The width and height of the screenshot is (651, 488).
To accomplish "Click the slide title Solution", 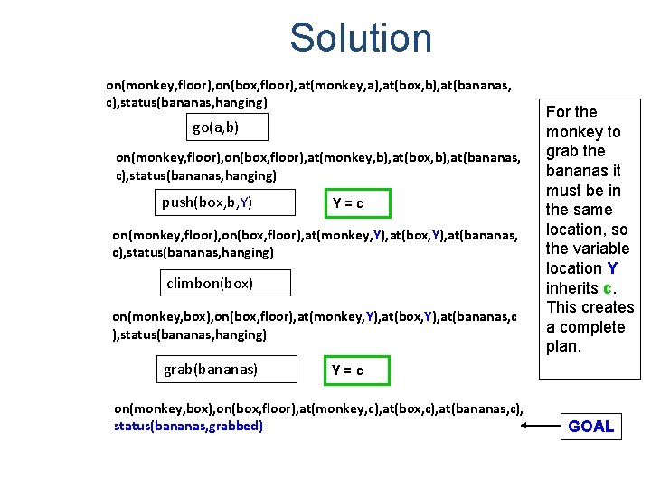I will [361, 38].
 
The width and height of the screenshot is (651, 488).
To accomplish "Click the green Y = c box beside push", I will [348, 203].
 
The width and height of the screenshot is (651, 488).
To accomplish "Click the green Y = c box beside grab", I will [348, 371].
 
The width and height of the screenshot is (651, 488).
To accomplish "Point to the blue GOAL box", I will [590, 427].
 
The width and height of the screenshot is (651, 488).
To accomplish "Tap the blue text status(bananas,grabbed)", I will [188, 426].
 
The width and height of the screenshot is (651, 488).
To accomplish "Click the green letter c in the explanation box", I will [609, 288].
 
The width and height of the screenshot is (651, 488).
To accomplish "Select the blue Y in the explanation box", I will [612, 268].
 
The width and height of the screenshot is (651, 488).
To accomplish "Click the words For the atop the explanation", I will [571, 112].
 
